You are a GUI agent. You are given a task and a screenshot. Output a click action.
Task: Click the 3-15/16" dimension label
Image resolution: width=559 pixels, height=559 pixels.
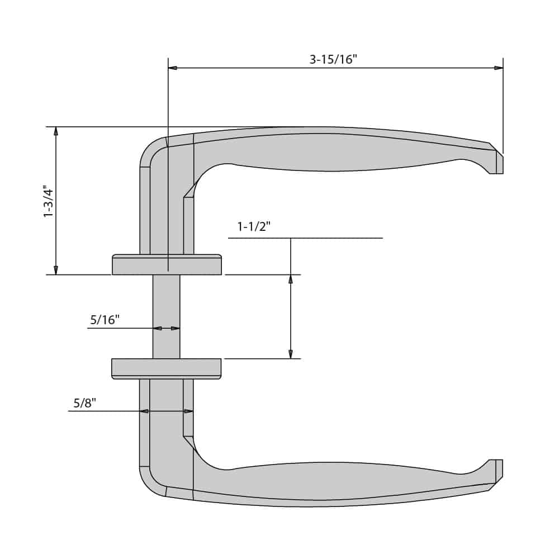pos(333,59)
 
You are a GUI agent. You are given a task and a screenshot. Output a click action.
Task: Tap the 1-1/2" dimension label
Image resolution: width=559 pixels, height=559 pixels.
pos(254,226)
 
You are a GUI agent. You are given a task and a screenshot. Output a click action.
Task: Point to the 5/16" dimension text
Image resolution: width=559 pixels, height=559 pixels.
pos(105,320)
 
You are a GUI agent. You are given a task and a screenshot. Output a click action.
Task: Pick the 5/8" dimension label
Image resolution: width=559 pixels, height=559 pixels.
pos(85,403)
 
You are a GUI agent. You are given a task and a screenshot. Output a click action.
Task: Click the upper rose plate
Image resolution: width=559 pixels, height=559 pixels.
pos(167,265)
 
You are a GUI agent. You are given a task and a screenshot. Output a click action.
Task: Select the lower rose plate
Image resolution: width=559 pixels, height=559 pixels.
pos(167,368)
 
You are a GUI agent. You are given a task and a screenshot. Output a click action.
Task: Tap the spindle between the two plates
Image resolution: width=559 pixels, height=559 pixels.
pos(167,316)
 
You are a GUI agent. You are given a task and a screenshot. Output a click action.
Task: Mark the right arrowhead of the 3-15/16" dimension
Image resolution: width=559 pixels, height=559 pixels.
pos(498,68)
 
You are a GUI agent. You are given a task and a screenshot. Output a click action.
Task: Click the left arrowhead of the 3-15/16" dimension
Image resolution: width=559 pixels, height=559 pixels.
pos(173,68)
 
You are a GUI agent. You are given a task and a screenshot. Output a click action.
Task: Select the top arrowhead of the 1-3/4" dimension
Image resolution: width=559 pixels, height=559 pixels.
pos(55,131)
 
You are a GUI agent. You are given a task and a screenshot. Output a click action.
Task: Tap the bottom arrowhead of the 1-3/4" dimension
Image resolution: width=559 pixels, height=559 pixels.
pos(55,270)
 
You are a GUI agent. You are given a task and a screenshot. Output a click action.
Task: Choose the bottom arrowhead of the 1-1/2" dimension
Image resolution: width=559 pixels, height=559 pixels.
pos(290,354)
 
